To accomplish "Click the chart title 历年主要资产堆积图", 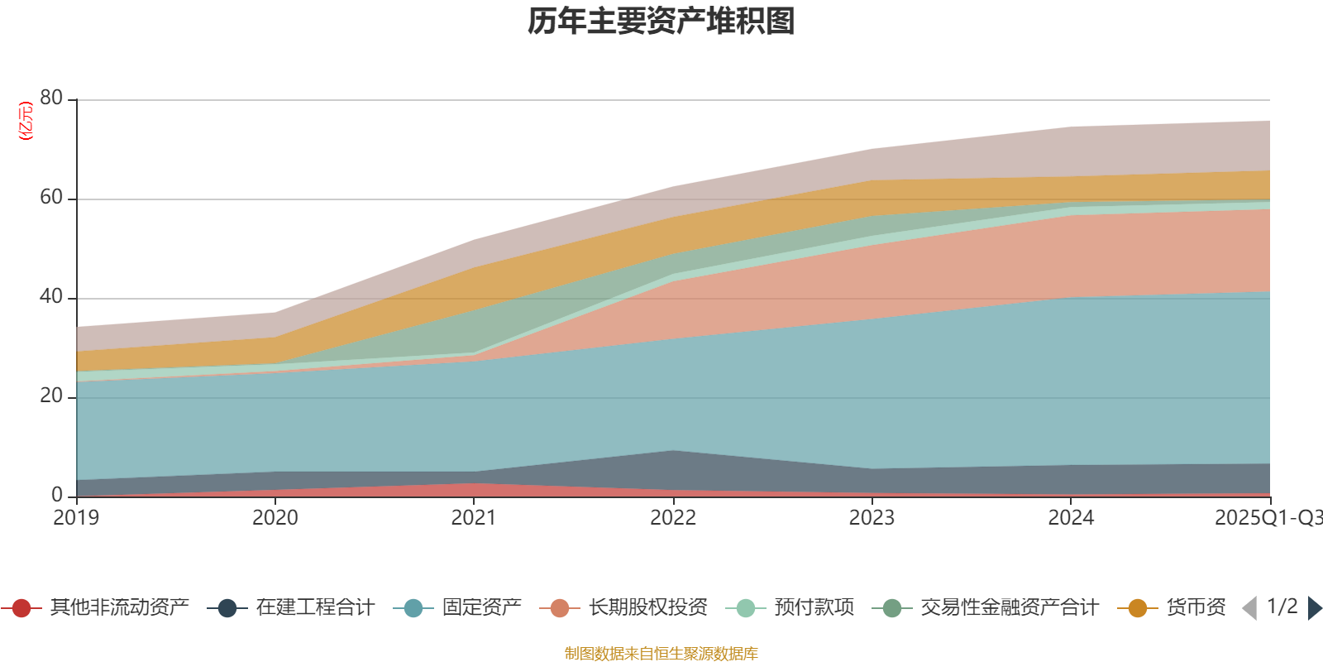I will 661,22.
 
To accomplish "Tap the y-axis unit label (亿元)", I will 26,121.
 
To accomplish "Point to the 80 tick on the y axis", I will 50,98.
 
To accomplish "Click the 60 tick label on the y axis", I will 50,197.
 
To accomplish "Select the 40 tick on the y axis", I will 50,296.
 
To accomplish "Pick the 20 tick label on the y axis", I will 50,396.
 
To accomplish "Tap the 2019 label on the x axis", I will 76,518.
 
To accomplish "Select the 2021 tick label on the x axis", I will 474,518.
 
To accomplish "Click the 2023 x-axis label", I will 872,518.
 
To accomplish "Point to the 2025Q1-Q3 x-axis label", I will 1267,518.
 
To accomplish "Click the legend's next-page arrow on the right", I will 1314,608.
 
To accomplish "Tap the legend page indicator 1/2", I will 1282,607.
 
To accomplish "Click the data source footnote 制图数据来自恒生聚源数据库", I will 661,654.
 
